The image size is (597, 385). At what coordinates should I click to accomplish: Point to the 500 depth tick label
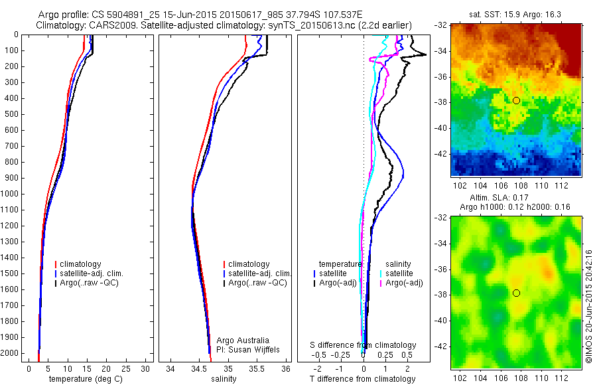click(11, 114)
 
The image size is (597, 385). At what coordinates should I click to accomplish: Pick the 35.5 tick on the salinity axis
click(257, 368)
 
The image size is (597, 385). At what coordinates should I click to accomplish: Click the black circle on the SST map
click(516, 100)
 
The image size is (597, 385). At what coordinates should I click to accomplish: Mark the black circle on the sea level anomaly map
click(516, 293)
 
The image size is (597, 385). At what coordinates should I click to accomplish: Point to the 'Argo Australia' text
click(243, 340)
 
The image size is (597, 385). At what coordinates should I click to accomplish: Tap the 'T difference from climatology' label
click(362, 379)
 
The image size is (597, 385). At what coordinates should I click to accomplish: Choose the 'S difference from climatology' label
click(364, 345)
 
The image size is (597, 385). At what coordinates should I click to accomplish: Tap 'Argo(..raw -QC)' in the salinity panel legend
click(257, 283)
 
